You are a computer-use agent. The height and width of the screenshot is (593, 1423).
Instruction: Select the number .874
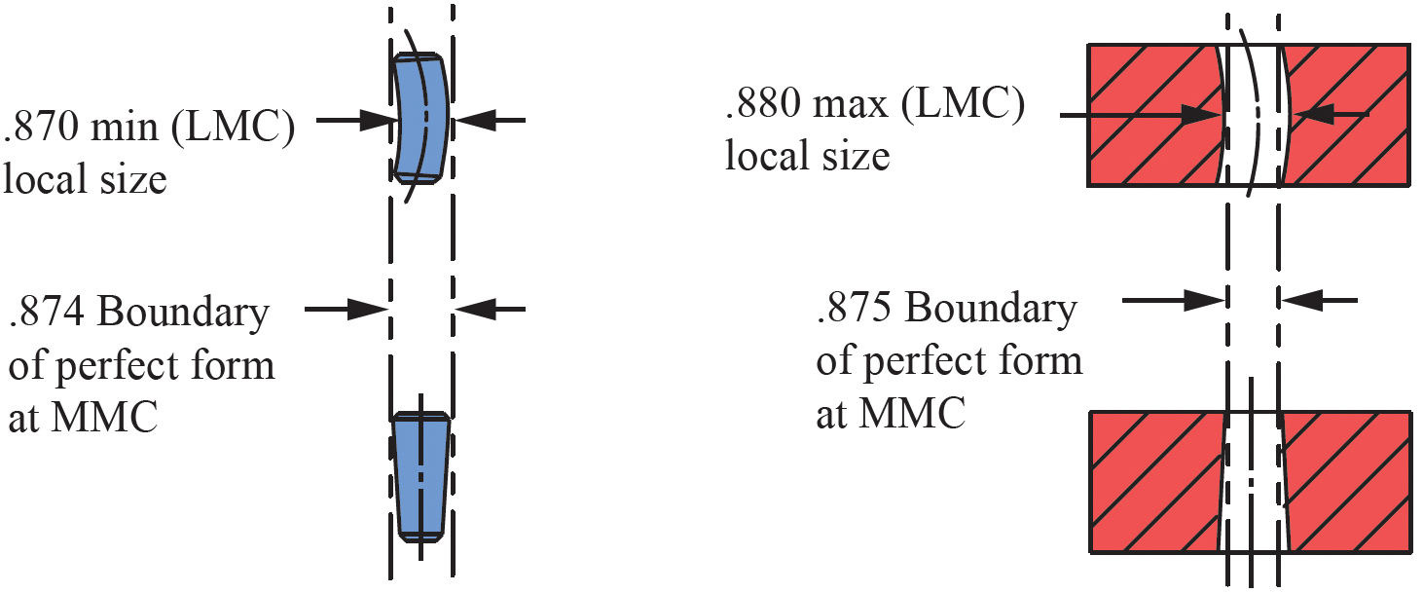47,312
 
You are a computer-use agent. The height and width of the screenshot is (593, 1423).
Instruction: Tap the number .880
763,103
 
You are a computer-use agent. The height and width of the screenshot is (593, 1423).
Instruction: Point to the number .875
855,308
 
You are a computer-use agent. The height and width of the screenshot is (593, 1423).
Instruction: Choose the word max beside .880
851,104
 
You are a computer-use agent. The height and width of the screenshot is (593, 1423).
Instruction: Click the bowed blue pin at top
420,118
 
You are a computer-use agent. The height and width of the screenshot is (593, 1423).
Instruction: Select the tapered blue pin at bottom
420,477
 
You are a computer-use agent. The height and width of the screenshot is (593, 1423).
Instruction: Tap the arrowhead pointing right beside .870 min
376,120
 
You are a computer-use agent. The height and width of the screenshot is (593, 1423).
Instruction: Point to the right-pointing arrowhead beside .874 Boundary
367,310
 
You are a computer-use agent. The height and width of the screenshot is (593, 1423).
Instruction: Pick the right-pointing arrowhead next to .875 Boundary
1205,300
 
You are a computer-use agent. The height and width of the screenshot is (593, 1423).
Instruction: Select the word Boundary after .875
991,310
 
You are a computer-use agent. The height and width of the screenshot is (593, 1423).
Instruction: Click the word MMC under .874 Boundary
105,418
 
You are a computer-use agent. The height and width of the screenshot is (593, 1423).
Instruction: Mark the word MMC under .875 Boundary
913,414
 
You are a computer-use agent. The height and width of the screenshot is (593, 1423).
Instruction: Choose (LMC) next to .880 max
963,104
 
